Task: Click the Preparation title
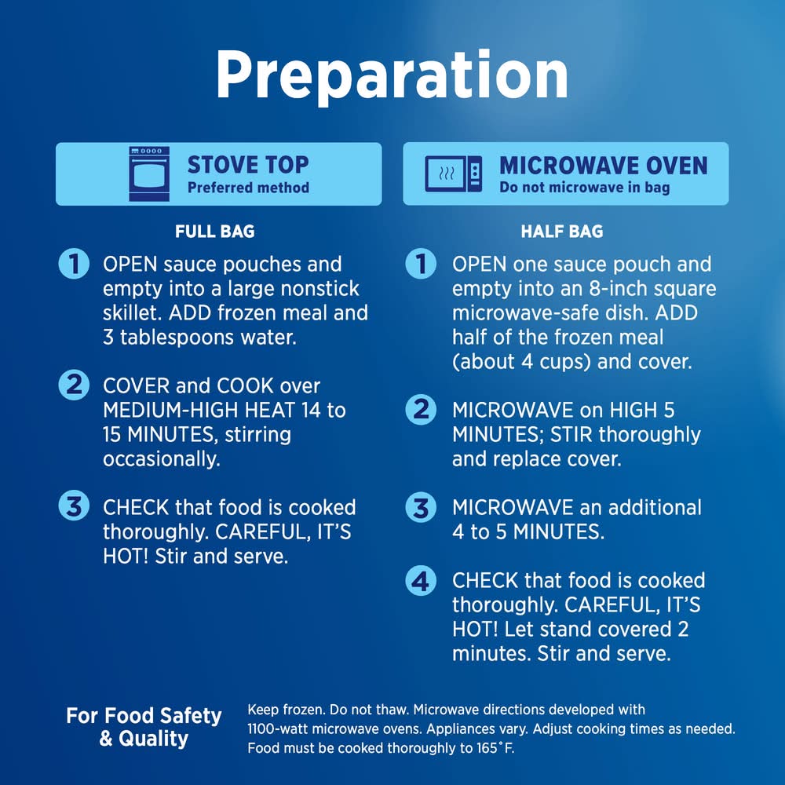[392, 76]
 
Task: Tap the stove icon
[148, 173]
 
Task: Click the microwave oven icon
[454, 173]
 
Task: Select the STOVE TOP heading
[248, 165]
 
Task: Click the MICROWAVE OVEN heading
[604, 166]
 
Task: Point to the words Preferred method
[248, 188]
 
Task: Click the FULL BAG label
[215, 232]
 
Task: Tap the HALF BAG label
[562, 232]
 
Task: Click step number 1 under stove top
[74, 264]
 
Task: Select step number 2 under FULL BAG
[74, 385]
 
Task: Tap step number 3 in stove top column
[74, 506]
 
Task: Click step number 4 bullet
[421, 581]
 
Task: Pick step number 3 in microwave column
[421, 508]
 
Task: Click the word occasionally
[162, 459]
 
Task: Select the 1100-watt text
[277, 729]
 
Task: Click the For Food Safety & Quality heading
[144, 727]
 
